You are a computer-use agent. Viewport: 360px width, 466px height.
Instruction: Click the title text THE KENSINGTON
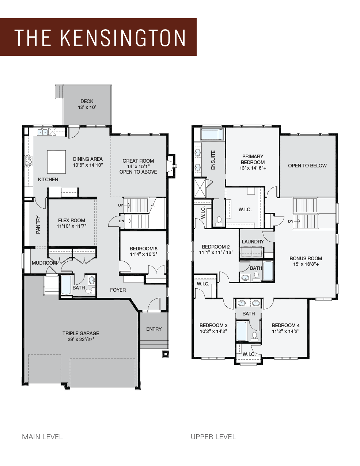(x=100, y=38)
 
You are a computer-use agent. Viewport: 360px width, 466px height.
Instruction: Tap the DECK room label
(x=87, y=101)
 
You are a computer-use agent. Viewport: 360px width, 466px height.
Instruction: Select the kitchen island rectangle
(x=56, y=162)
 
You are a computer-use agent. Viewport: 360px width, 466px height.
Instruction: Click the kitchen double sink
(x=43, y=132)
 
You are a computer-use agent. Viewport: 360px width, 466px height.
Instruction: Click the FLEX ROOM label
(x=71, y=220)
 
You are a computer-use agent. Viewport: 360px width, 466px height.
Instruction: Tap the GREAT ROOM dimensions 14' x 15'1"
(x=138, y=166)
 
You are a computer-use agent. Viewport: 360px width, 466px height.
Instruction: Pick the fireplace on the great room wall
(x=172, y=166)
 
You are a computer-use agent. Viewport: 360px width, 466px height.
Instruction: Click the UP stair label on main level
(x=121, y=205)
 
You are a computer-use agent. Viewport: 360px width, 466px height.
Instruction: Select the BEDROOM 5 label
(x=143, y=249)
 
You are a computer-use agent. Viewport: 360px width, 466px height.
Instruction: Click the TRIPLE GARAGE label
(x=81, y=333)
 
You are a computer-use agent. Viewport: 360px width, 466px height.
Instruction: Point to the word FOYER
(x=118, y=290)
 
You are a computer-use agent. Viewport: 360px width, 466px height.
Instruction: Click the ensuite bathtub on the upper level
(x=212, y=135)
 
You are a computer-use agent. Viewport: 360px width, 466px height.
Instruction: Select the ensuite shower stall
(x=200, y=188)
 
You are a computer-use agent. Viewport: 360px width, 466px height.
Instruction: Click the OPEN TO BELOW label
(x=307, y=166)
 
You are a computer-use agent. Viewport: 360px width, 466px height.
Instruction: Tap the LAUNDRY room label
(x=253, y=242)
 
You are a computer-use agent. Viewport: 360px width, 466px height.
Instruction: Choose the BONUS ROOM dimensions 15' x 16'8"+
(x=306, y=264)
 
